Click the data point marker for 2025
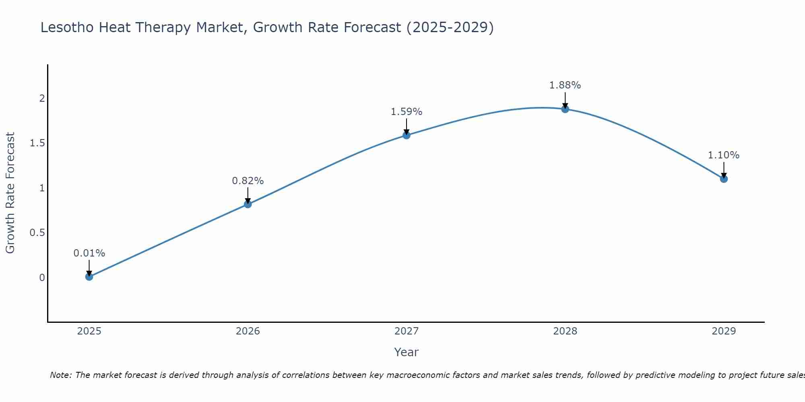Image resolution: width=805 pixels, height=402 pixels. coord(89,277)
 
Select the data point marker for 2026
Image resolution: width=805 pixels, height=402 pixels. coord(248,204)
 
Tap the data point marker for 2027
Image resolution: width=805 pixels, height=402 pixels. coord(406,135)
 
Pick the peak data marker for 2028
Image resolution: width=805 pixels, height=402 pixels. coord(565,109)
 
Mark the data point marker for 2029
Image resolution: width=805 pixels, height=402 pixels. coord(723,179)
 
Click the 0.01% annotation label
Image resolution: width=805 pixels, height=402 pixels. coord(89,253)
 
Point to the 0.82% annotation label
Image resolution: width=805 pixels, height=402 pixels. coord(248,181)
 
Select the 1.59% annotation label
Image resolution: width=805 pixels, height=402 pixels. coord(406,112)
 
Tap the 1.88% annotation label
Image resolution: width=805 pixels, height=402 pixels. coord(565,85)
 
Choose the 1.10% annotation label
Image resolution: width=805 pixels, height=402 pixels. coord(723,155)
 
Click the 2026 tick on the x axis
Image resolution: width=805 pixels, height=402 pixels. coord(248,331)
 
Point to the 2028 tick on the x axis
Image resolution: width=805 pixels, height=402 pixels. coord(565,331)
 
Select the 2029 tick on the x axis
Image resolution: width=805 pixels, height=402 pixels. coord(723,331)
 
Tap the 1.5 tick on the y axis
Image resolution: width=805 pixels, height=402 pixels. coord(37,143)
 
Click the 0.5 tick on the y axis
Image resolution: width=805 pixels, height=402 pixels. coord(37,233)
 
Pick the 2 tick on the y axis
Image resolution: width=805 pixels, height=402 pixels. coord(42,98)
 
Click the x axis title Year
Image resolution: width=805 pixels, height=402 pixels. coord(406,352)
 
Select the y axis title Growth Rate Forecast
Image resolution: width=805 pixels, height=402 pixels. coord(10,193)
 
